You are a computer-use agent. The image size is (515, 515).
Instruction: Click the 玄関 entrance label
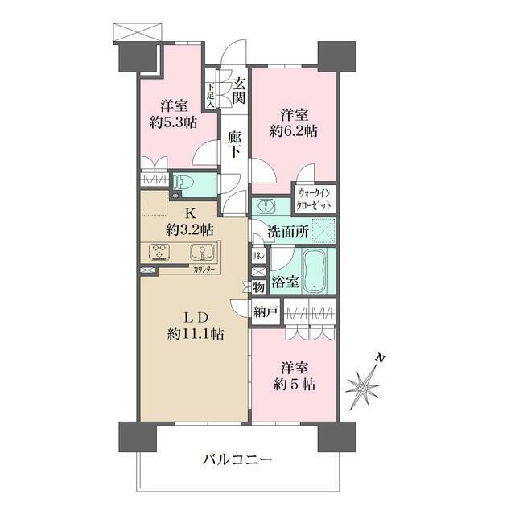[239, 90]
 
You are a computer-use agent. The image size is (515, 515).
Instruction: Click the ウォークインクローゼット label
[315, 198]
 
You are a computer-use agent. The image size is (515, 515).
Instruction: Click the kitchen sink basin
[202, 252]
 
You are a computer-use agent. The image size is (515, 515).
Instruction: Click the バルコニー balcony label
[237, 460]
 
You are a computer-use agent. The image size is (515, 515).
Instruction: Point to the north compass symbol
[365, 386]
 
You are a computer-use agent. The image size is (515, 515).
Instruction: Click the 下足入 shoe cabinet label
[211, 95]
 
